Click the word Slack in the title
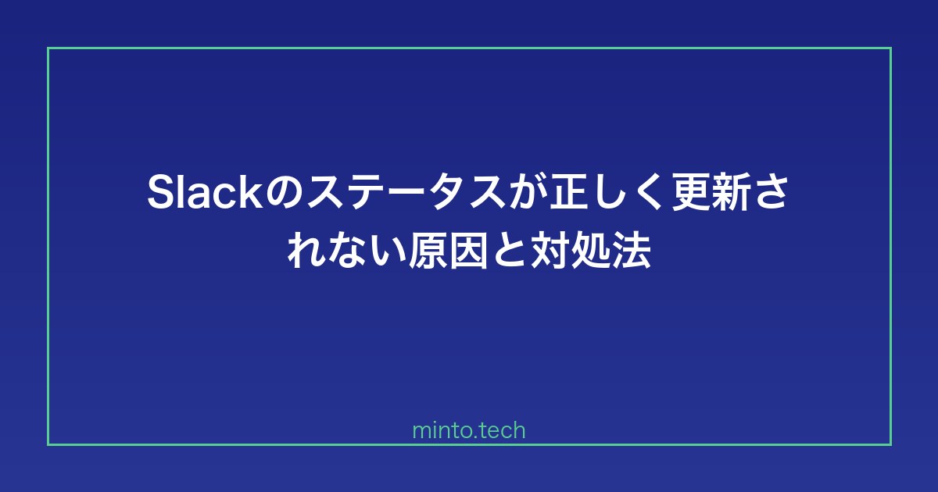click(206, 192)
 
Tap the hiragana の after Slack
click(285, 194)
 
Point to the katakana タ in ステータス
click(447, 193)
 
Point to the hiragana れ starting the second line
click(306, 251)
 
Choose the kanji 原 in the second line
click(427, 251)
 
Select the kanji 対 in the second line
click(550, 251)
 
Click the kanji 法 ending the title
click(631, 251)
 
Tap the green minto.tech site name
click(469, 430)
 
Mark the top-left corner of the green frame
click(48, 48)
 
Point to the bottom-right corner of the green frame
click(890, 444)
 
